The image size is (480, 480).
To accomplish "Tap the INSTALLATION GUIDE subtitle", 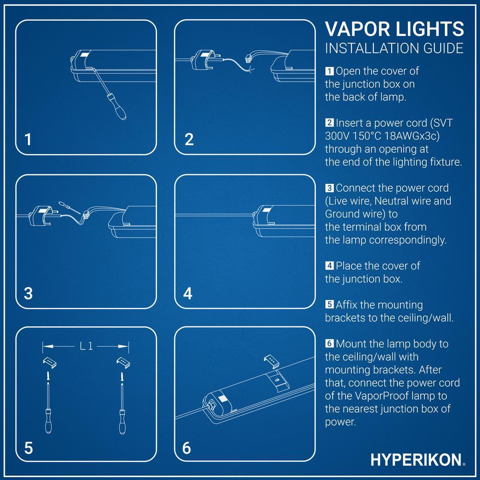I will coord(394,48).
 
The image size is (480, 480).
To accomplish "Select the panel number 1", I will coord(28,139).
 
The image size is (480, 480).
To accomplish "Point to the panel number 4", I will coord(188,293).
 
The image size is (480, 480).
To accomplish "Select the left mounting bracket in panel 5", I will coord(49,360).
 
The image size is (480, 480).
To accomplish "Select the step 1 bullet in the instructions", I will coord(329,72).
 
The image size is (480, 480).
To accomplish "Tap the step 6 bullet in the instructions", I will coord(329,344).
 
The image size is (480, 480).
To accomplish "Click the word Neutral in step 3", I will coord(384,200).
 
